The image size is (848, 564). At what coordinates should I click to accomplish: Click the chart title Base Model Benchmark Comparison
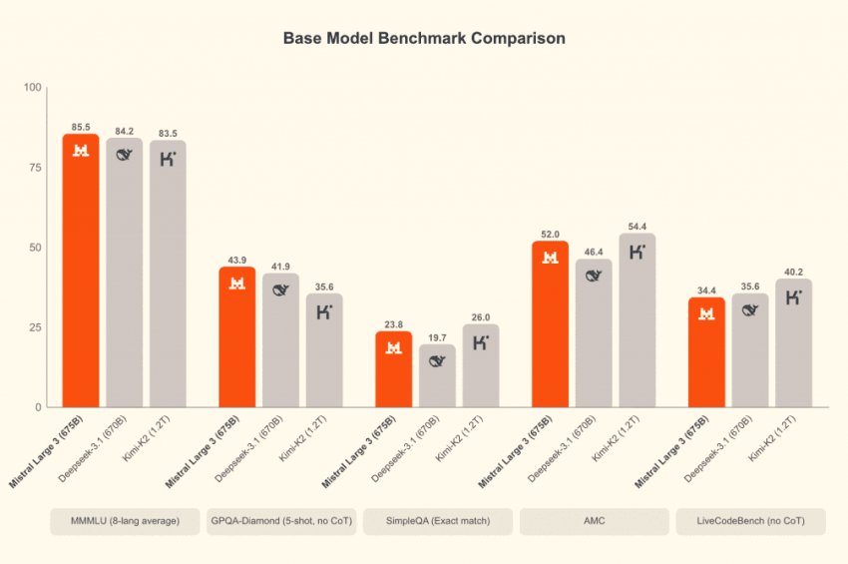[x=424, y=39]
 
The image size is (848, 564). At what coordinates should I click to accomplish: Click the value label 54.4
[x=637, y=227]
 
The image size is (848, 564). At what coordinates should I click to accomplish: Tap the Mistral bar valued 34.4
[x=706, y=354]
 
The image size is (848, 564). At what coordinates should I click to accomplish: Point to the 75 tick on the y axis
[x=34, y=168]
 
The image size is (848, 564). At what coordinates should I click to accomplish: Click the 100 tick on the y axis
[x=31, y=88]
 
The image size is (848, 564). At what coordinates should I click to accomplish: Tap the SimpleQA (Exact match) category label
[x=438, y=521]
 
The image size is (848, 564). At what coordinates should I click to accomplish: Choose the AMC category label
[x=595, y=521]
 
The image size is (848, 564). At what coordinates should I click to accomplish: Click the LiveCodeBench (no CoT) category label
[x=751, y=521]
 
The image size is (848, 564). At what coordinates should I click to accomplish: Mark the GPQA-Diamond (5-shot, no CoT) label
[x=280, y=521]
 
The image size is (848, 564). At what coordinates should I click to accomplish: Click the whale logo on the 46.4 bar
[x=594, y=276]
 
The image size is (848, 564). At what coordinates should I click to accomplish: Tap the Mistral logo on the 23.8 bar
[x=394, y=347]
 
